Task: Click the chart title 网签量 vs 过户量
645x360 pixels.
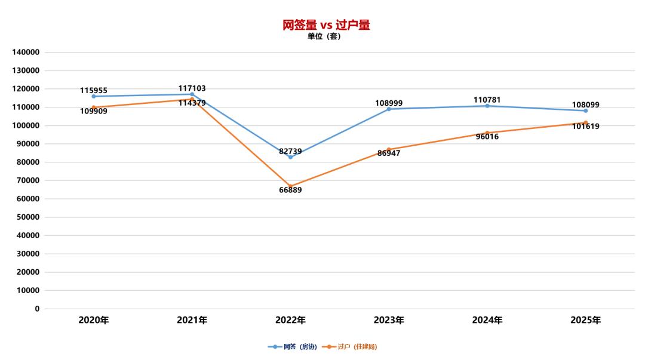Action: [326, 24]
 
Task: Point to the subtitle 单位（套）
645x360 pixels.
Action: [324, 36]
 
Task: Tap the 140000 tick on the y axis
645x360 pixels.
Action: [26, 53]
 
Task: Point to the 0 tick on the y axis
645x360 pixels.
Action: [37, 309]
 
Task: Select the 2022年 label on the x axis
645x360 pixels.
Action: [290, 321]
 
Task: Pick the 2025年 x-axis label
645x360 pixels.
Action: [585, 321]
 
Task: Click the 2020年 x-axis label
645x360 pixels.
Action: [94, 321]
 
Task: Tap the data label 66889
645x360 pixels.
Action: [290, 190]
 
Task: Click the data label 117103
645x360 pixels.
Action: [192, 88]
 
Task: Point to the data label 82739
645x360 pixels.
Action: [290, 152]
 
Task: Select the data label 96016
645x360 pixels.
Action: [487, 137]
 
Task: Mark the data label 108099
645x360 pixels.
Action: [585, 105]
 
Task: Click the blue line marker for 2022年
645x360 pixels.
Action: [290, 157]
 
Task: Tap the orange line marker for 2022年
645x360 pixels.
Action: [290, 186]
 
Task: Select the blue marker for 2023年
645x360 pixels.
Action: [389, 109]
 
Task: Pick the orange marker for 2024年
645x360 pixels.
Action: [487, 133]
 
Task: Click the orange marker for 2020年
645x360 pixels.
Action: [94, 107]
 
